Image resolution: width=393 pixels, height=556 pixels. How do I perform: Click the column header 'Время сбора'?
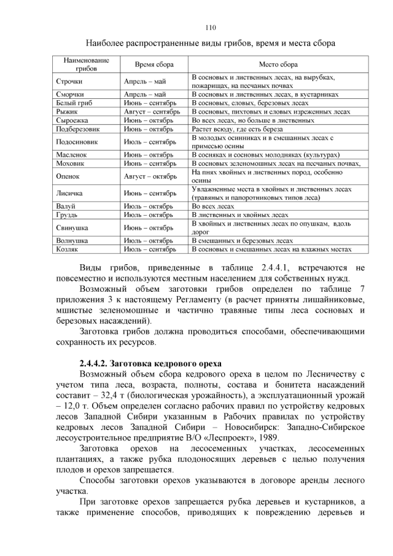(x=154, y=65)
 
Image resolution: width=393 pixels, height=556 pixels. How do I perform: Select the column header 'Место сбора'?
(x=278, y=65)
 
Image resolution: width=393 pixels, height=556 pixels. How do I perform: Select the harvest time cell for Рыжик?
(x=151, y=112)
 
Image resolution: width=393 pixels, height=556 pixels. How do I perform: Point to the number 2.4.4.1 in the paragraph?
(x=279, y=268)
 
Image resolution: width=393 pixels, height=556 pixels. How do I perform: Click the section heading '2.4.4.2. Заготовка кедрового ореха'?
(x=150, y=363)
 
